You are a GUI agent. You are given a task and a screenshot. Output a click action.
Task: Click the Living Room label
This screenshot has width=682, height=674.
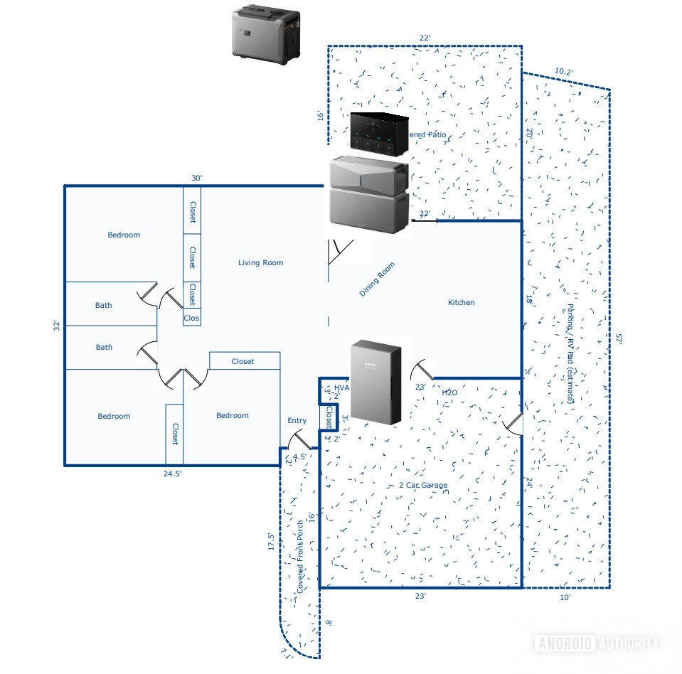click(260, 263)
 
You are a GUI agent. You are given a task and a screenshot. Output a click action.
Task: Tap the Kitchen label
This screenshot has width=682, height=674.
click(461, 303)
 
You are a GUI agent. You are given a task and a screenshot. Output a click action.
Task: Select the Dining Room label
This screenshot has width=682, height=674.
click(377, 279)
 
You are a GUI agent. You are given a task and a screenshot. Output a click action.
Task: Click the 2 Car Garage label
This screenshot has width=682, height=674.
click(423, 486)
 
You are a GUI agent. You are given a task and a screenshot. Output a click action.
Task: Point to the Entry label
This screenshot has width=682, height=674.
click(297, 421)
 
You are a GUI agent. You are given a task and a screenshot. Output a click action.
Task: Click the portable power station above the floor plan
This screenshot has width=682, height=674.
click(267, 31)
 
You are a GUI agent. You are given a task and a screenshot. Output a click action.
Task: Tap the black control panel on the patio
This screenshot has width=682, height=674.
click(379, 134)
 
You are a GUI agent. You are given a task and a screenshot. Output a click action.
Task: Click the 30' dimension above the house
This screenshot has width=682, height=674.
click(197, 178)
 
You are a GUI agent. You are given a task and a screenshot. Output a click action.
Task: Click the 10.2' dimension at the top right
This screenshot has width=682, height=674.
click(563, 72)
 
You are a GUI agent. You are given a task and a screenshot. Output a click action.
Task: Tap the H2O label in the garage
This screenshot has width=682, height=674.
click(449, 392)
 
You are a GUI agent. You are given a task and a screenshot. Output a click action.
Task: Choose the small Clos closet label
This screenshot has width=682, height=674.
click(191, 319)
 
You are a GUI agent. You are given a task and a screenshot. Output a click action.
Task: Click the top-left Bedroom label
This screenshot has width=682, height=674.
click(124, 235)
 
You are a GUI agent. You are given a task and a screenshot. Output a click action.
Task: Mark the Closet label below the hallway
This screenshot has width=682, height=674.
click(243, 362)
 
